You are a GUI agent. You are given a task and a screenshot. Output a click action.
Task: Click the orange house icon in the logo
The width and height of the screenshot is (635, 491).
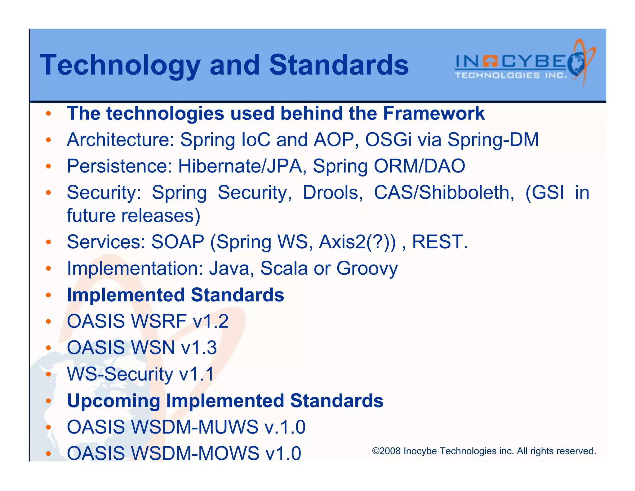490,61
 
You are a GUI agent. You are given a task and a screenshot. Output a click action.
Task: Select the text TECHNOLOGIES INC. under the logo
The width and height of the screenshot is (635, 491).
510,75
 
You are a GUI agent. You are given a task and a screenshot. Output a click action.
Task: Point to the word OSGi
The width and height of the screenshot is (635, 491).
388,140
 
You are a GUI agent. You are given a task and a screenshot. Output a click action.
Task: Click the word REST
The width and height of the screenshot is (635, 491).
439,242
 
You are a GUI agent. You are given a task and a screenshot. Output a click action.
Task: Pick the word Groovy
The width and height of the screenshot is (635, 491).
367,268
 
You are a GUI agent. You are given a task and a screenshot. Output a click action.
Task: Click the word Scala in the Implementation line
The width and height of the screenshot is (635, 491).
284,268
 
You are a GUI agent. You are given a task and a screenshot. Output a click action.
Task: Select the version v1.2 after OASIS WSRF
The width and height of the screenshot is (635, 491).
211,321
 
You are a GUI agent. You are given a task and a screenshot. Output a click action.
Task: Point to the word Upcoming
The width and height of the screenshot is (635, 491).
113,401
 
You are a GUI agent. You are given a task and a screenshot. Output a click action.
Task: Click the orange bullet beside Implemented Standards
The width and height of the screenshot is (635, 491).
48,295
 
